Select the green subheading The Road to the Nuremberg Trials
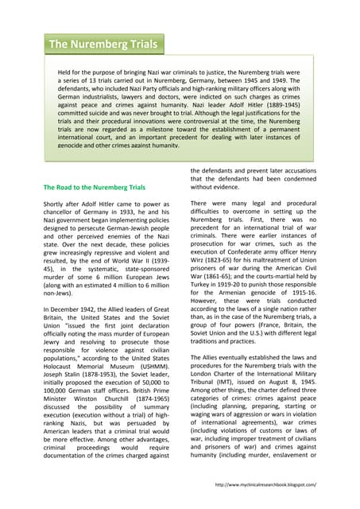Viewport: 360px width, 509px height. coord(94,187)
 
